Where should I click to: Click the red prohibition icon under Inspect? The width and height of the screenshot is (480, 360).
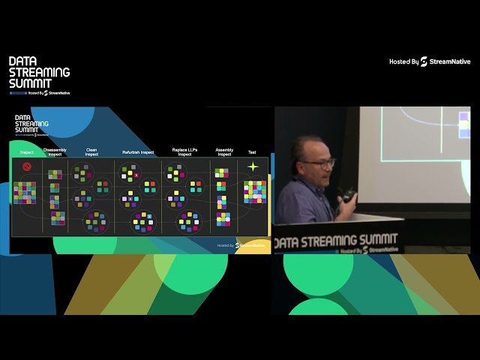27,166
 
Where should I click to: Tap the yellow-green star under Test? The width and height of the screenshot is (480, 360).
253,166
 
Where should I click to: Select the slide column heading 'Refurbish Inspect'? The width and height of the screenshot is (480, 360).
138,152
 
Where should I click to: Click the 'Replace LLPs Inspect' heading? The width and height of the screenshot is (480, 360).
184,151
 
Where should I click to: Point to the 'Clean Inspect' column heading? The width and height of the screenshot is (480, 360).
91,151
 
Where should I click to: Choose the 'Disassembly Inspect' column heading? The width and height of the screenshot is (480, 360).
55,151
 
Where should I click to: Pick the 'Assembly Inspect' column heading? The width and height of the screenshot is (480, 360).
224,151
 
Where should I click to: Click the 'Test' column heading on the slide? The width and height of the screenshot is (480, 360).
253,152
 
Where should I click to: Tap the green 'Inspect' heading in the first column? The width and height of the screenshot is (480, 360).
27,153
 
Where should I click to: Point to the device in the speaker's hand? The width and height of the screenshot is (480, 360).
347,196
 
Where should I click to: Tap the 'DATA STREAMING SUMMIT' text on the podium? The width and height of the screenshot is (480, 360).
337,242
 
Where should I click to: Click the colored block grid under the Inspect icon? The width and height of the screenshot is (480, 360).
25,192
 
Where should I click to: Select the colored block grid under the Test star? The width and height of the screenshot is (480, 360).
255,192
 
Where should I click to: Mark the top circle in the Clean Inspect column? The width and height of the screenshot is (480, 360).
80,174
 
